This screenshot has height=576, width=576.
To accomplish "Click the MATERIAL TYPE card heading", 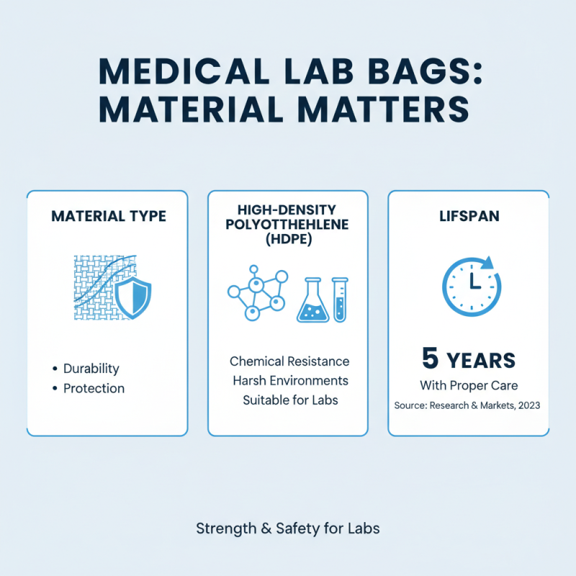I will coord(107,216).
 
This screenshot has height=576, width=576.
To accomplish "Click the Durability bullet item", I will coord(91,368).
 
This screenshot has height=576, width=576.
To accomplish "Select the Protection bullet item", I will coord(94,388).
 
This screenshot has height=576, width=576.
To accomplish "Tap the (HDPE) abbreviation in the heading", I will coord(288,240).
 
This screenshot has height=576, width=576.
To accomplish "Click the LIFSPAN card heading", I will coord(469,216).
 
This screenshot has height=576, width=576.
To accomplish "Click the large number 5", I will coord(431,359).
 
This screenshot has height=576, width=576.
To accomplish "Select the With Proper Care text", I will coord(469,385).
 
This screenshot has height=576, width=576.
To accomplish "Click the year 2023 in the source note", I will coord(526,405).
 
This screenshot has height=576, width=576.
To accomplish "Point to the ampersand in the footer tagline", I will coord(264,528).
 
